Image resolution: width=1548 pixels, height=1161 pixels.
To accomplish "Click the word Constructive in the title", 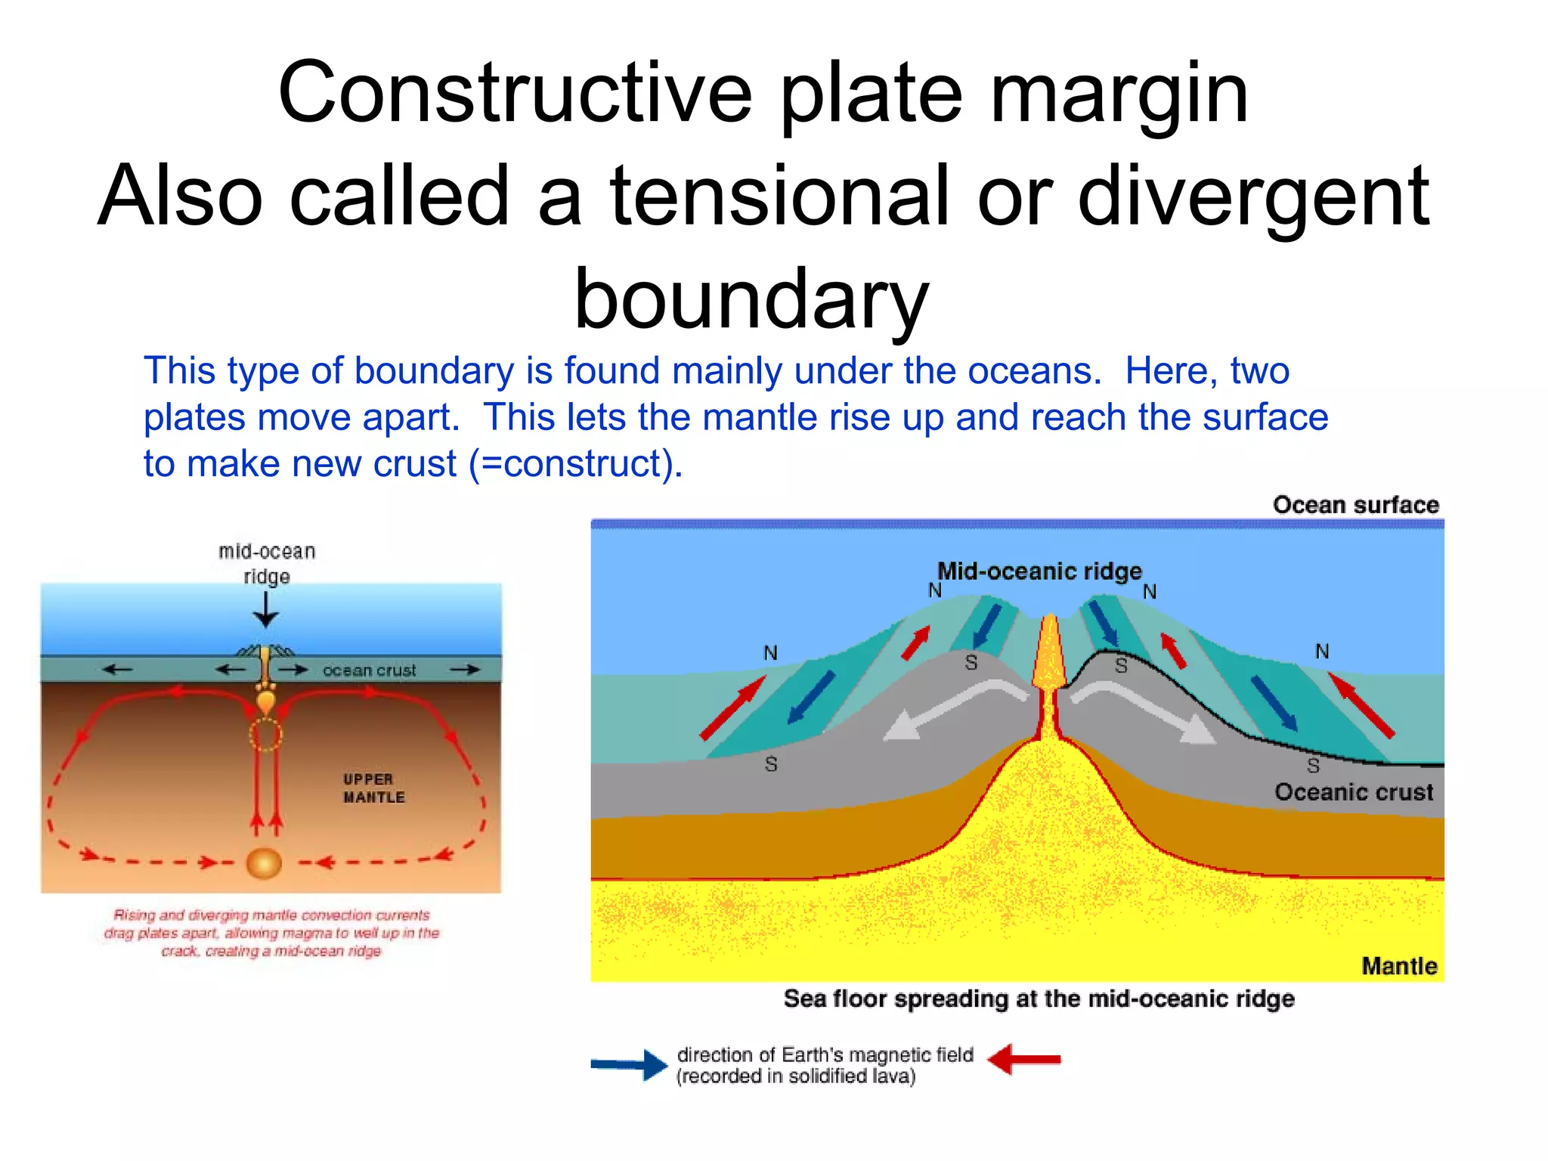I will click(x=515, y=93).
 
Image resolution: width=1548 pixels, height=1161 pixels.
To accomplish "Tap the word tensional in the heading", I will click(x=779, y=197).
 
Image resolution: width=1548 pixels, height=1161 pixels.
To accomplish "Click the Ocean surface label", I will click(x=1355, y=505).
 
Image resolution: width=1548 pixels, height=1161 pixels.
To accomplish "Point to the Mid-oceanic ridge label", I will click(x=1039, y=571).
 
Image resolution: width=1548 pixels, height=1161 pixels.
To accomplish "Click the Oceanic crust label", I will click(x=1353, y=792).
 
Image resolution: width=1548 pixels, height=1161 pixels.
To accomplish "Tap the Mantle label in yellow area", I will click(x=1399, y=966).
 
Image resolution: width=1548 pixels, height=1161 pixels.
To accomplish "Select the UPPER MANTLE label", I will click(x=373, y=788).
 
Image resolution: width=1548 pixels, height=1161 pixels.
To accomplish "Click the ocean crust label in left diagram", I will click(x=369, y=670).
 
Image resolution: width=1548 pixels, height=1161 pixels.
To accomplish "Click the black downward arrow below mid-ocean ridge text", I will click(x=265, y=609).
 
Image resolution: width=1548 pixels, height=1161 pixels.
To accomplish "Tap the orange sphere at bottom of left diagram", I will click(x=264, y=863).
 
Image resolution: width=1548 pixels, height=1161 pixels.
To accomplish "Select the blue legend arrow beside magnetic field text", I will click(x=628, y=1064).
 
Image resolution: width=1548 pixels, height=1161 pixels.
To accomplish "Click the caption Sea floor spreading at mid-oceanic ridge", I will click(x=1039, y=999).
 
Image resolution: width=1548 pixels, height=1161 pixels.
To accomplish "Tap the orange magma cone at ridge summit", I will click(x=1049, y=654).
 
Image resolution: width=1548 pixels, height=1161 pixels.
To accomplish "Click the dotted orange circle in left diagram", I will click(x=265, y=734).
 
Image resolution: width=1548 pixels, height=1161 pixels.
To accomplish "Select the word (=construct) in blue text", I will click(x=576, y=463).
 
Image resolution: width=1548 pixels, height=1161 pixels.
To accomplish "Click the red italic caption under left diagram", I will click(x=271, y=933).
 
